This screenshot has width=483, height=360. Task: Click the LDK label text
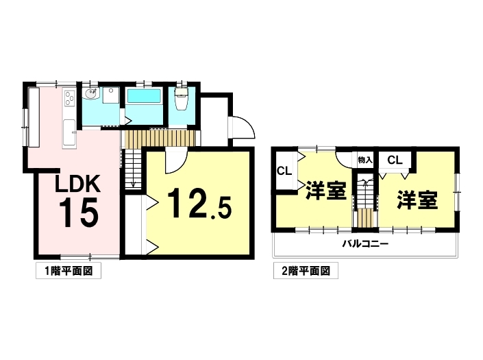point(77,184)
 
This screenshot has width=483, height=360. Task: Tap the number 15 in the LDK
point(79,213)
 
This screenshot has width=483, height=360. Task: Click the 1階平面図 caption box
point(69,271)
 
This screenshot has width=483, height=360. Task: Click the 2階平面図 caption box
point(306,271)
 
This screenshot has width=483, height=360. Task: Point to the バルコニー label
point(366,244)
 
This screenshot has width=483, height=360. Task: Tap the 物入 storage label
point(365,160)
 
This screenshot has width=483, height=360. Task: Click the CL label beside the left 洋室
point(284,171)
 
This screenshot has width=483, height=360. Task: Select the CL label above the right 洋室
point(395,160)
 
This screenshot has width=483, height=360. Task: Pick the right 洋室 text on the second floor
point(417,200)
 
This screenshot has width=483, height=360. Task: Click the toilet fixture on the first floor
point(182,97)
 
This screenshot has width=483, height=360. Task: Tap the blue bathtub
point(145,96)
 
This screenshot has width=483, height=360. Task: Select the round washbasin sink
point(91,94)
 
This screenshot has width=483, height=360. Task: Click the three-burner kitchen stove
point(69,97)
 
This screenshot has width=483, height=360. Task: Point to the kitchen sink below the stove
point(69,134)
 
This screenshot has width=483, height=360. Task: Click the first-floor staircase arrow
point(133,169)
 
